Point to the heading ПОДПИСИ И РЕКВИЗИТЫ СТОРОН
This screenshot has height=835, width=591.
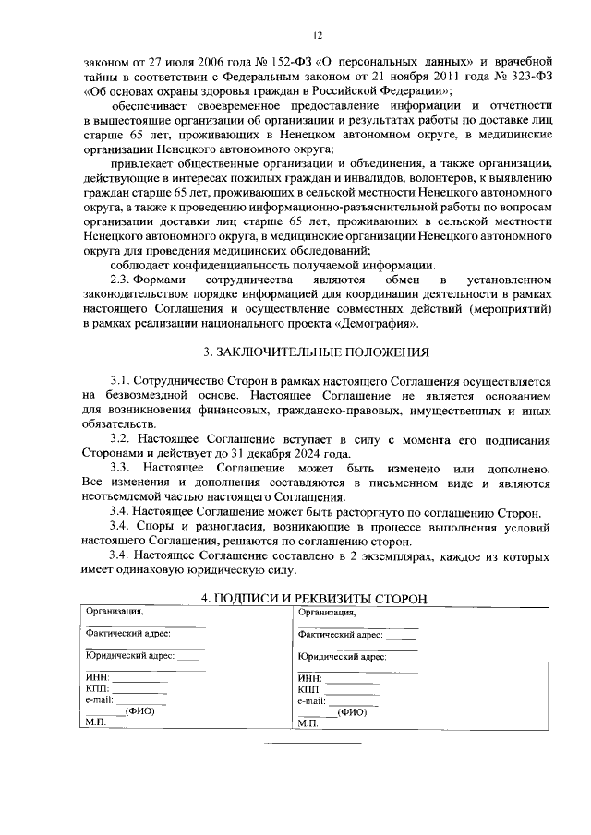pyautogui.click(x=314, y=599)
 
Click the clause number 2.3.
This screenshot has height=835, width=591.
pyautogui.click(x=123, y=279)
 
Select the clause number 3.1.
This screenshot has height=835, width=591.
pyautogui.click(x=123, y=381)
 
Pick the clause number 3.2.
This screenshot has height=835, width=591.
pyautogui.click(x=123, y=439)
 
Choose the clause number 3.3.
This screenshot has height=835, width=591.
pyautogui.click(x=123, y=469)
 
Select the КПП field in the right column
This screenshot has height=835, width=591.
pyautogui.click(x=309, y=690)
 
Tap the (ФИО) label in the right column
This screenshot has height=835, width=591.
pyautogui.click(x=352, y=712)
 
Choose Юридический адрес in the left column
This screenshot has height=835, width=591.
pyautogui.click(x=129, y=655)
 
